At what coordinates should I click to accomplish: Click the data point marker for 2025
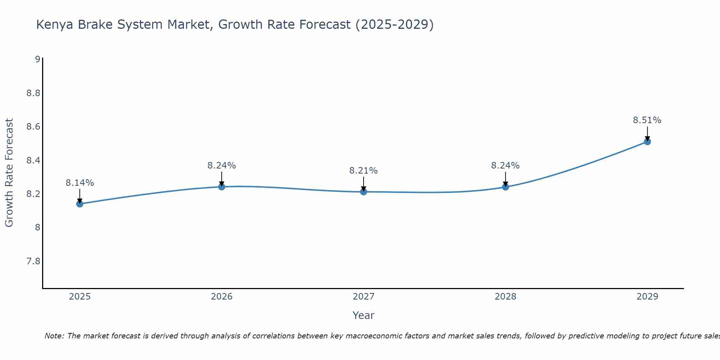point(80,204)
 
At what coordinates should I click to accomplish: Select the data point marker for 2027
point(364,192)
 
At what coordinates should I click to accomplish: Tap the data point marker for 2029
point(647,141)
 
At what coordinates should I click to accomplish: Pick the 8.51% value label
point(647,120)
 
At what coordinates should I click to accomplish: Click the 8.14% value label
point(80,183)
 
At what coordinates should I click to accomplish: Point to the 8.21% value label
point(363,171)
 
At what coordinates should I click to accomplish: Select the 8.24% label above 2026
point(221,166)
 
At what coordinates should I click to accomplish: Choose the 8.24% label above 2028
point(505,166)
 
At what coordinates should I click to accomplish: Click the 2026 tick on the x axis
point(221,297)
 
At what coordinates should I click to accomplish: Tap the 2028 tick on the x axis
point(505,297)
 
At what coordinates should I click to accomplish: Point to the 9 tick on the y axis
point(37,59)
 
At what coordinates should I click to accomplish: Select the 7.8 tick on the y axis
point(33,261)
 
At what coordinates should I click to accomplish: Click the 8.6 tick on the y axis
point(33,127)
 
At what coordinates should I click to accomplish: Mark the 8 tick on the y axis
point(37,228)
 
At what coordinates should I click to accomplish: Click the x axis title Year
point(363,315)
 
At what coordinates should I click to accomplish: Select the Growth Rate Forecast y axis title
point(9,173)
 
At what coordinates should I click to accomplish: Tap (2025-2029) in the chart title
point(394,25)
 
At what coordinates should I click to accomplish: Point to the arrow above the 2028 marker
point(505,179)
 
